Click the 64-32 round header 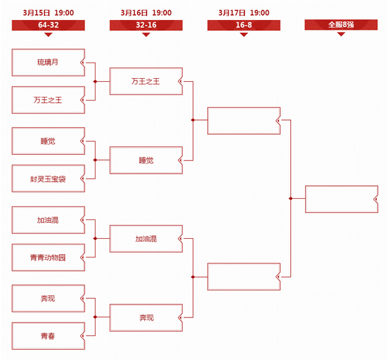point(48,25)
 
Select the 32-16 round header point(146,25)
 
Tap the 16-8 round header point(244,25)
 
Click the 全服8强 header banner point(341,25)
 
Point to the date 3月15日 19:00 point(48,13)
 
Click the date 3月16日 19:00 point(146,13)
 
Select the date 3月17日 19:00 point(244,13)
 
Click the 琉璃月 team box point(48,63)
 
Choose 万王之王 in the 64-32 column point(48,100)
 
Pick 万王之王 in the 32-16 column point(146,81)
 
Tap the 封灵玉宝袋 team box point(48,179)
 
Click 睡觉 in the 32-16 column point(146,160)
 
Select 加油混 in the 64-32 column point(48,220)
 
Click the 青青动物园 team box point(48,257)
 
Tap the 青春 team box point(48,335)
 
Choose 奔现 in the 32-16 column point(146,317)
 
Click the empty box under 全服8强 point(342,199)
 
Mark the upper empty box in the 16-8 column point(244,121)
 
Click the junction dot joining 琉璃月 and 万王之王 point(95,81)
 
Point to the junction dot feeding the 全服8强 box point(291,199)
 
